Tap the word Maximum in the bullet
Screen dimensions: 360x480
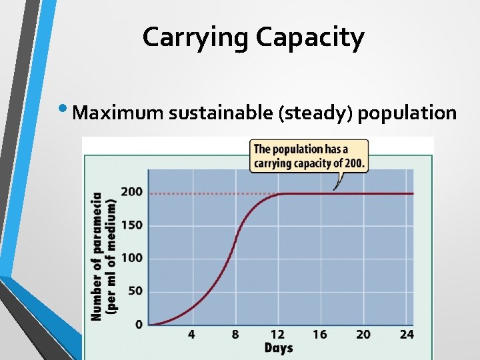pos(118,113)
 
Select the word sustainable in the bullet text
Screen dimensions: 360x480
pos(223,113)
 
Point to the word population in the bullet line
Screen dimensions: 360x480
pos(407,113)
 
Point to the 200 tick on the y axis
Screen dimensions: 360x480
pos(131,192)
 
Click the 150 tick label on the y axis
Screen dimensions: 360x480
pos(131,225)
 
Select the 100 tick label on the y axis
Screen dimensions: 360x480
pos(131,258)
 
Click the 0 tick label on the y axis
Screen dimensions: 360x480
pos(139,325)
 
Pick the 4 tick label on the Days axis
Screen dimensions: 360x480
pos(191,334)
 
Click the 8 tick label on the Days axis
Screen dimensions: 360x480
pos(235,334)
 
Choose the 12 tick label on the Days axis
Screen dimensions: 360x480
pos(277,334)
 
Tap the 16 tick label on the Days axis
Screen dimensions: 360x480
pos(320,334)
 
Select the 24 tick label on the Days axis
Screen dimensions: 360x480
pos(406,334)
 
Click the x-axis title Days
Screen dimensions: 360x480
pos(279,347)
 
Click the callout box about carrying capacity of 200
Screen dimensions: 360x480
pos(309,156)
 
